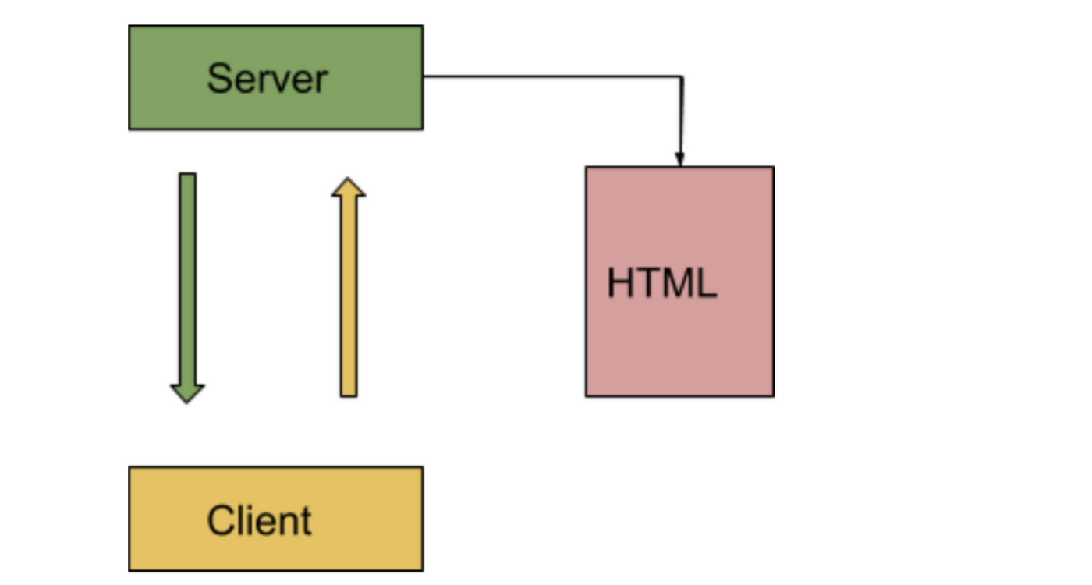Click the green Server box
click(276, 77)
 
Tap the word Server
click(268, 79)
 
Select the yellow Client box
click(276, 519)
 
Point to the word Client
click(259, 521)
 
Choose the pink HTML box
click(679, 282)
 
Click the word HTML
click(662, 282)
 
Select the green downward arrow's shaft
click(188, 279)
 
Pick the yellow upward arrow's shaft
click(349, 296)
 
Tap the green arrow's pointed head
click(187, 394)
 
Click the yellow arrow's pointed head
click(349, 187)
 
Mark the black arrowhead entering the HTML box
click(680, 159)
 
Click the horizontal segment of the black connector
click(553, 76)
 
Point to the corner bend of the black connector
click(682, 77)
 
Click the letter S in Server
click(219, 78)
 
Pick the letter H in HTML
click(620, 282)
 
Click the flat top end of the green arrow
click(188, 173)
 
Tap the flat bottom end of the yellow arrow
click(349, 396)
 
